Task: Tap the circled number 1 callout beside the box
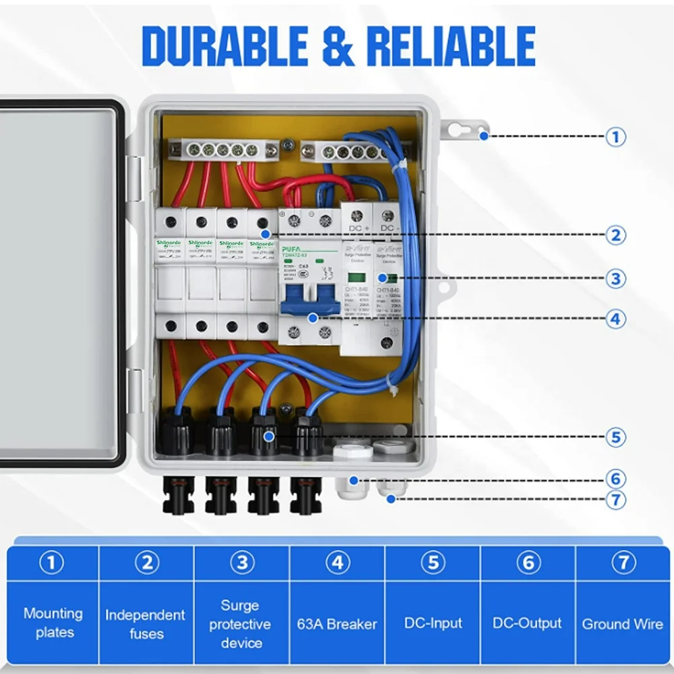point(615,137)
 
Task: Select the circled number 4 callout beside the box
point(615,318)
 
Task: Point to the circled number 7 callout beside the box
point(615,499)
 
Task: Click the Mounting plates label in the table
point(53,623)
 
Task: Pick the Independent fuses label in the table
point(145,623)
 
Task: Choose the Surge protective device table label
point(241,623)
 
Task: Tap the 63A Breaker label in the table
point(337,623)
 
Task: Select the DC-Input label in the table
point(433,623)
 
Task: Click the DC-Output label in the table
point(527,623)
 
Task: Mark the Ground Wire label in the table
point(623,623)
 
